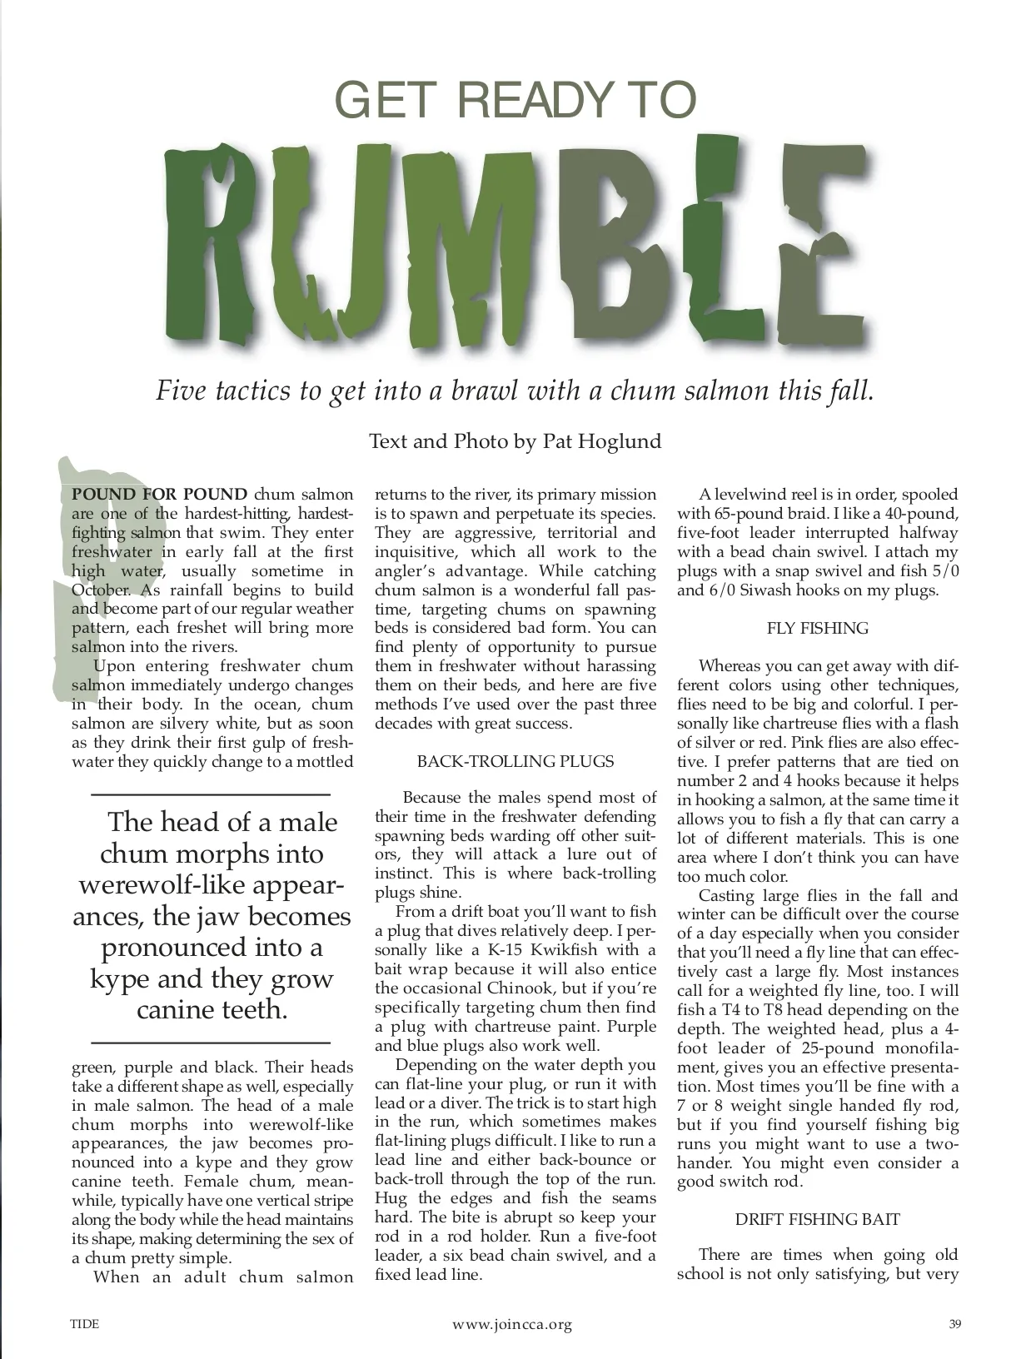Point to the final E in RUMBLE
(x=820, y=241)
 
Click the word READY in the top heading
(x=533, y=100)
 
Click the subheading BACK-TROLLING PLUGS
(x=515, y=761)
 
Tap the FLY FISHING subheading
(x=817, y=628)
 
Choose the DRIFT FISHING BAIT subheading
(x=817, y=1219)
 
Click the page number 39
(x=954, y=1325)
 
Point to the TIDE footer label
(x=85, y=1325)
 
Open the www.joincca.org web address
(x=512, y=1325)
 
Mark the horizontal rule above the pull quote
(x=210, y=794)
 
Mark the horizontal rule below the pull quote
(x=210, y=1043)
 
